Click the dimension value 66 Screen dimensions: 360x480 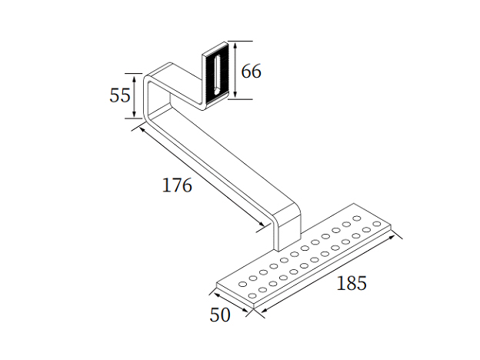tap(251, 72)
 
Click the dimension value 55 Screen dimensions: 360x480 tap(119, 95)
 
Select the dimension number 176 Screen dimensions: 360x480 tap(177, 185)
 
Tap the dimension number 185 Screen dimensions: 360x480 tap(352, 282)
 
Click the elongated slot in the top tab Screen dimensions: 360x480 tap(219, 74)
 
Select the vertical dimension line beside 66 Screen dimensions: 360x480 tap(235, 69)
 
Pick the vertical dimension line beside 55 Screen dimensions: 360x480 tap(135, 96)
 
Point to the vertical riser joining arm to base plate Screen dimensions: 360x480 tap(286, 227)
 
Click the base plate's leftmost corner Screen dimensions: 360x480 tap(217, 285)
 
